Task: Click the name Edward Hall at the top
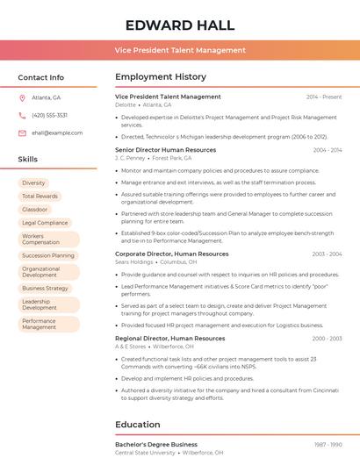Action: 180,24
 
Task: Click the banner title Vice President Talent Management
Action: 180,50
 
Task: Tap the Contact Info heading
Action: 40,77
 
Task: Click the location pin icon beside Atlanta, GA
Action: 22,97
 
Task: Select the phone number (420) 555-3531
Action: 49,115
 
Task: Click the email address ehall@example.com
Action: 57,132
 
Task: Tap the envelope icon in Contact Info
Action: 22,132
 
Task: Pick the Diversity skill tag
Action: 33,182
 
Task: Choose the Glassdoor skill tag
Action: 35,209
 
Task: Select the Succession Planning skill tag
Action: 48,255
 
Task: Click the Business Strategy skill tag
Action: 45,288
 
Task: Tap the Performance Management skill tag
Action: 40,324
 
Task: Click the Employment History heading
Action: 161,77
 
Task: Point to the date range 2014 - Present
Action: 324,97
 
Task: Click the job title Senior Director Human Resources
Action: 165,150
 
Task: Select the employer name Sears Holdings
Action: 133,261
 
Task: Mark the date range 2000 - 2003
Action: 327,338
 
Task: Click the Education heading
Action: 137,425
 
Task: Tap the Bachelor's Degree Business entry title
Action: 156,444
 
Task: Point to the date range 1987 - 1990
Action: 328,444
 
